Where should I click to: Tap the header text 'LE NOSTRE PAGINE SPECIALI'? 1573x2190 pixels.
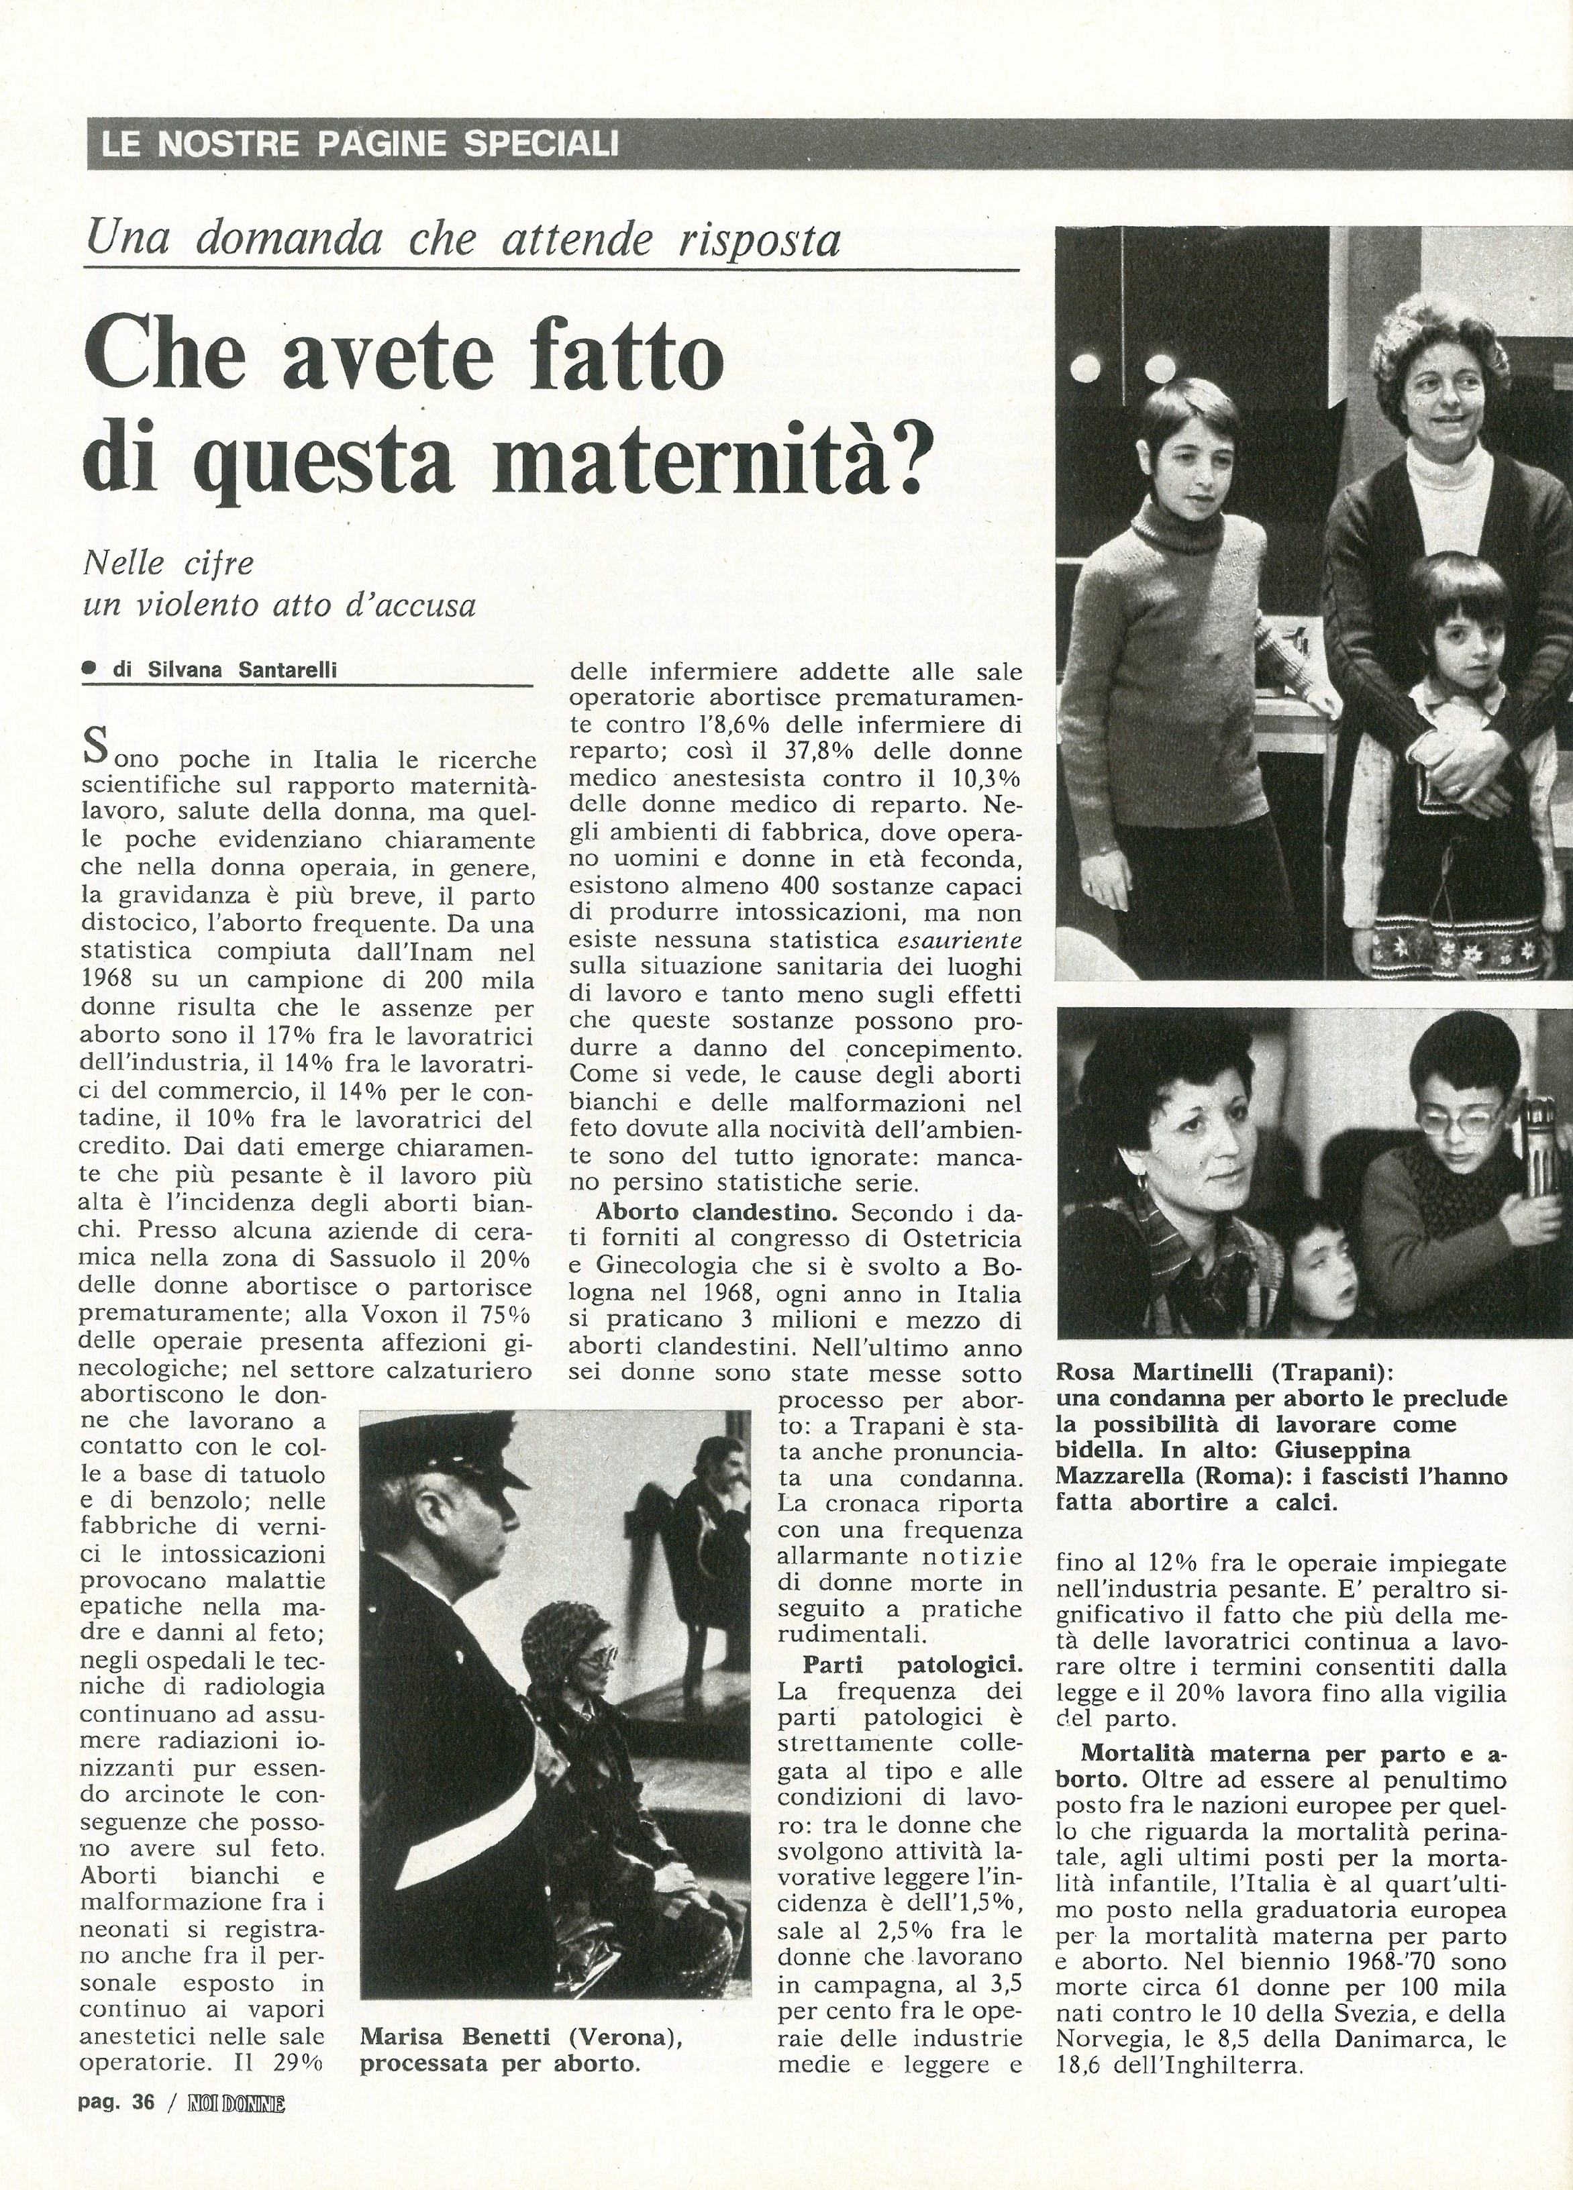click(x=359, y=145)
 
